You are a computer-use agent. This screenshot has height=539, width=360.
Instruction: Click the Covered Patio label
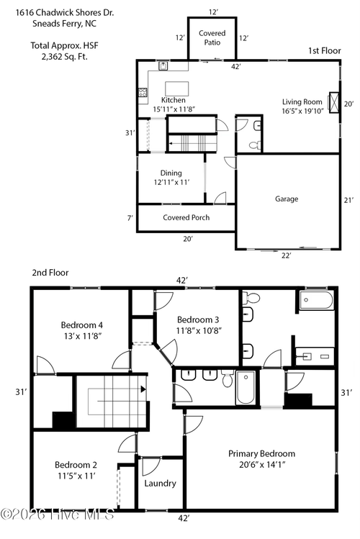pyautogui.click(x=212, y=38)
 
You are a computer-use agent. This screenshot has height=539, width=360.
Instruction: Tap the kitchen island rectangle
pyautogui.click(x=176, y=89)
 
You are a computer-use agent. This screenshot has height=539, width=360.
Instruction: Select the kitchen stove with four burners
pyautogui.click(x=143, y=92)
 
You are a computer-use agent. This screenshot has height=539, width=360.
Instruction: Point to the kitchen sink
pyautogui.click(x=163, y=65)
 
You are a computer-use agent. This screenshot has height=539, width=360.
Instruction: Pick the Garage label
pyautogui.click(x=287, y=199)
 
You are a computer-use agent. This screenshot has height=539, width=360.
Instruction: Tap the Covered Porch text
pyautogui.click(x=186, y=217)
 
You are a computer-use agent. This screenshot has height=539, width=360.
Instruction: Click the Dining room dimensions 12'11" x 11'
pyautogui.click(x=171, y=182)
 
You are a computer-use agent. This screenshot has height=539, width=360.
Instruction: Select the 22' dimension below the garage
pyautogui.click(x=286, y=255)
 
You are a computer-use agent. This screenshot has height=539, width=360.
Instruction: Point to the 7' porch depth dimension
pyautogui.click(x=130, y=217)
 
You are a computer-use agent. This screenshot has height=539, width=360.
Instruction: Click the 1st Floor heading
pyautogui.click(x=324, y=51)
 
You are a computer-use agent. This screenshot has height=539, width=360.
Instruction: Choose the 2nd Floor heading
pyautogui.click(x=50, y=273)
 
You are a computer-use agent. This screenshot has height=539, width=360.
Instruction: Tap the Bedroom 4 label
pyautogui.click(x=82, y=325)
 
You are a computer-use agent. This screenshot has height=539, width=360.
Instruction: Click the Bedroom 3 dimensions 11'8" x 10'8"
pyautogui.click(x=199, y=331)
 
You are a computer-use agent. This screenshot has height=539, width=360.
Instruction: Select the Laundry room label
pyautogui.click(x=161, y=484)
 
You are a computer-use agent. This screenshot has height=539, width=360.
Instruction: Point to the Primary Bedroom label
pyautogui.click(x=261, y=453)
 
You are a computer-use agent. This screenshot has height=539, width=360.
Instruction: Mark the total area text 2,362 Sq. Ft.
pyautogui.click(x=65, y=56)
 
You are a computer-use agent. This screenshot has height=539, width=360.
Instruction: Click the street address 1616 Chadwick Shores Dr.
pyautogui.click(x=65, y=13)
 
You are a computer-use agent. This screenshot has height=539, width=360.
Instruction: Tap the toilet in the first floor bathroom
pyautogui.click(x=255, y=145)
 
